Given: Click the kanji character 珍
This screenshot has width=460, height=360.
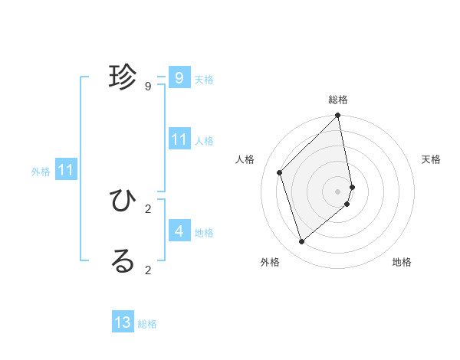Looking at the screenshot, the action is tap(123, 77).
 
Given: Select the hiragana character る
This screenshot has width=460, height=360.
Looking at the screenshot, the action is tap(123, 260).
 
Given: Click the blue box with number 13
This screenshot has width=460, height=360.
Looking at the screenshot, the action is tap(123, 322).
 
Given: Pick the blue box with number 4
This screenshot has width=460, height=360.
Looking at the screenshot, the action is tap(179, 231).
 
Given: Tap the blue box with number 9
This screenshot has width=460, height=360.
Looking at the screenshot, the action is tap(179, 77).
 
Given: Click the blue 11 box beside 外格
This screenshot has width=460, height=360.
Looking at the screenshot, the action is tap(65, 170).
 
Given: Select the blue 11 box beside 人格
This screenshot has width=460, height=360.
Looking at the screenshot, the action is tap(179, 139).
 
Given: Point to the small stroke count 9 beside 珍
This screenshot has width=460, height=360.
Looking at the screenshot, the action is tap(147, 87).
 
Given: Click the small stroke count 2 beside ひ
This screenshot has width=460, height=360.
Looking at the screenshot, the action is tap(147, 208).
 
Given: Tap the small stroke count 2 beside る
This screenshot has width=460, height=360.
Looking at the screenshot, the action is tap(147, 270).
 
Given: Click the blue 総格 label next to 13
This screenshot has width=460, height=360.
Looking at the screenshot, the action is tap(147, 324).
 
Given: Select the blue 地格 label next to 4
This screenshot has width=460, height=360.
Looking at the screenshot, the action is tap(204, 232).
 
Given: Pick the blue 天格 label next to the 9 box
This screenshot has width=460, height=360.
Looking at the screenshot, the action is tap(204, 80).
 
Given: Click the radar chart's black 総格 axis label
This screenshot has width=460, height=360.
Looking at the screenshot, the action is tap(338, 100).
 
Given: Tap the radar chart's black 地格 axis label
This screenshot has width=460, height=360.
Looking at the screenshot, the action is tap(402, 262).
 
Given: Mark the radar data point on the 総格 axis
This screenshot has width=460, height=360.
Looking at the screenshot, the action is tap(338, 116).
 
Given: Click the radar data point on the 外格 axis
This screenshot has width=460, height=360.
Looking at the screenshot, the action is tap(302, 242).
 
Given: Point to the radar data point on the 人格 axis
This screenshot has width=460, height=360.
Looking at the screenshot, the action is tap(280, 172).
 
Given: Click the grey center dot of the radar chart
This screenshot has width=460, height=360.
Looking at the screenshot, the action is tap(338, 191).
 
